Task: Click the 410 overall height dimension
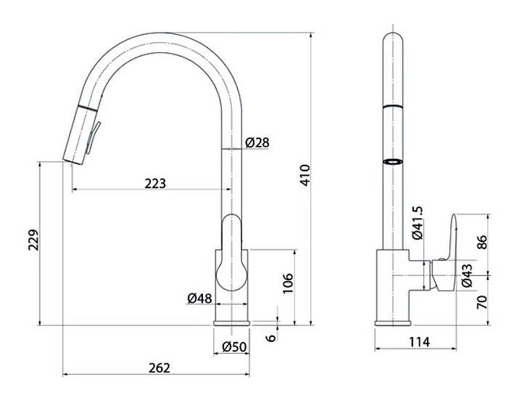coord(305,175)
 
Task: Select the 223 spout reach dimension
coord(155,184)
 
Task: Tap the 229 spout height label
coord(33,240)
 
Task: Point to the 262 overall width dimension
coord(159,368)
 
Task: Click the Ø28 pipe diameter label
coord(257,143)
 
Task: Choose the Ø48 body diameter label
coord(199,298)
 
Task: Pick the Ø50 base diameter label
coord(234,347)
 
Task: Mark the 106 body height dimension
coord(288,283)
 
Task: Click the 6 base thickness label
coord(271,338)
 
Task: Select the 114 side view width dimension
coord(419,342)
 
